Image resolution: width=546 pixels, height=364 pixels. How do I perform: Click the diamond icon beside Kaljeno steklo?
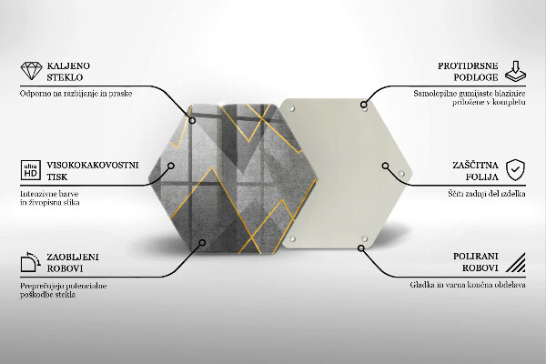(x=31, y=71)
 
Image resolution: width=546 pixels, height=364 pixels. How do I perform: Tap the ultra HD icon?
(x=31, y=170)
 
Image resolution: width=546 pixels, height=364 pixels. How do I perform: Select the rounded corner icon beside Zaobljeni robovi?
(x=30, y=261)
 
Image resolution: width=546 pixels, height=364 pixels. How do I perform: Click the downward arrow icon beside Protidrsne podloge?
(x=515, y=71)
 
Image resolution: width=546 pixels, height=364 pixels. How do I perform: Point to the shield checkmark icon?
(x=515, y=170)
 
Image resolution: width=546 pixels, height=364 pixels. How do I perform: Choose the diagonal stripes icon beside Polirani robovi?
(x=516, y=262)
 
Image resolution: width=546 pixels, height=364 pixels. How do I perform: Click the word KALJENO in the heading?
(x=68, y=66)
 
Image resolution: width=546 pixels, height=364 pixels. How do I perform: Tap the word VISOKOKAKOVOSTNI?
(x=93, y=165)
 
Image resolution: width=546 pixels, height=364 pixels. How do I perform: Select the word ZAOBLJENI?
(x=73, y=257)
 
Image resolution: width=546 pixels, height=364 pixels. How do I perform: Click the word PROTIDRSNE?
(x=468, y=66)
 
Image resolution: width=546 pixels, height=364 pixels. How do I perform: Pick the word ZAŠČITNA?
(x=475, y=165)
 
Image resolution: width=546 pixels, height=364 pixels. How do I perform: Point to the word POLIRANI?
(x=476, y=257)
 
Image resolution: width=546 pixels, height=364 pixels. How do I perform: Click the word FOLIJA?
(x=482, y=177)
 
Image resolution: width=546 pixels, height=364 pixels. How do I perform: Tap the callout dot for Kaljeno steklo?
(x=192, y=120)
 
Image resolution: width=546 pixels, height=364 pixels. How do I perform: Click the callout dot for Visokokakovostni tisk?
(x=171, y=166)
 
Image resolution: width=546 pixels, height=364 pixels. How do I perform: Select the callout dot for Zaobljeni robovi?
(x=202, y=242)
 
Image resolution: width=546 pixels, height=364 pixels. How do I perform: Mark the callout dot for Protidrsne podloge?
(x=363, y=104)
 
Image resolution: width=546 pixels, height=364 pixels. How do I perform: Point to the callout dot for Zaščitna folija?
(x=385, y=166)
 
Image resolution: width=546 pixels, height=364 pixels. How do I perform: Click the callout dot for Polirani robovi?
(x=361, y=248)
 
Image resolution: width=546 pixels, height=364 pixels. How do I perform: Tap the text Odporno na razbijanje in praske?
(x=76, y=94)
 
